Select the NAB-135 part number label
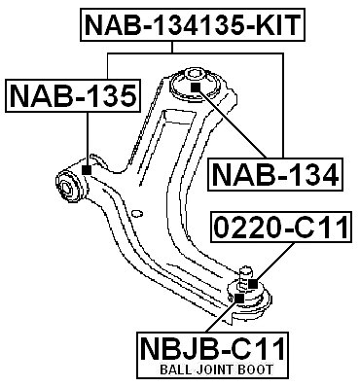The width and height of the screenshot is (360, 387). coord(73,96)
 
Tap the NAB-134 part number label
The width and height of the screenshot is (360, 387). coord(274,175)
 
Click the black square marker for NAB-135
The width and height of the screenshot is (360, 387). coord(87,170)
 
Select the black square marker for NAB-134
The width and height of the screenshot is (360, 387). coord(195,88)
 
